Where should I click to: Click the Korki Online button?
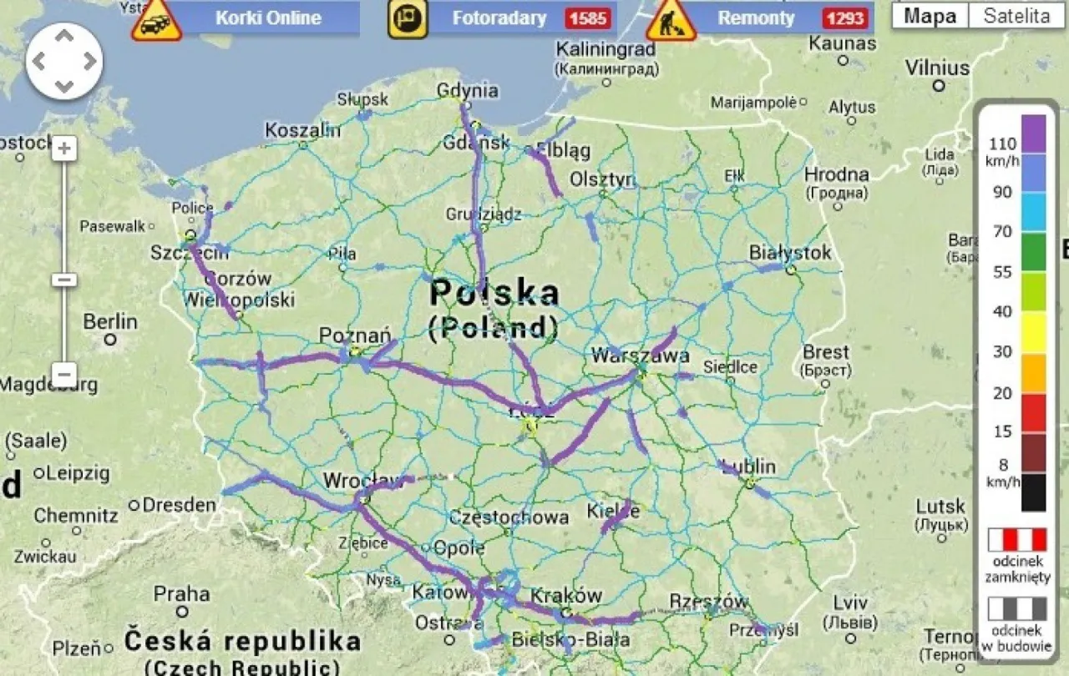(268, 18)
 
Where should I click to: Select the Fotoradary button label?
(499, 18)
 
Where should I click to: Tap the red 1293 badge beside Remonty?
(844, 18)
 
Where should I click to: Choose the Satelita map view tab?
(1016, 15)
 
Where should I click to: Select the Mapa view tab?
(930, 15)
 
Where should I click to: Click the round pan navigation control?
(64, 60)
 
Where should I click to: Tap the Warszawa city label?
(640, 356)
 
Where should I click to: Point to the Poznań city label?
(355, 335)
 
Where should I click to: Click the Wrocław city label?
(362, 481)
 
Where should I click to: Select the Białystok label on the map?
(790, 252)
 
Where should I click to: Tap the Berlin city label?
(110, 321)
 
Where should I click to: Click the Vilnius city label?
(938, 67)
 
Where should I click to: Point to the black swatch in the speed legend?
(1033, 492)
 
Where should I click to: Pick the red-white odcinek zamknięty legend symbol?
(1016, 540)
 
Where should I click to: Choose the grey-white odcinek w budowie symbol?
(1016, 608)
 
